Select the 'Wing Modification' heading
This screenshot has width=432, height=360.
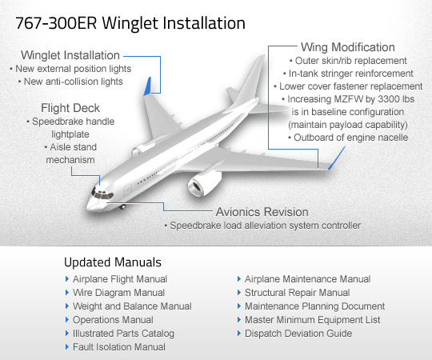click(347, 47)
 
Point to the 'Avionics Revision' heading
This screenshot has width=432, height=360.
click(262, 213)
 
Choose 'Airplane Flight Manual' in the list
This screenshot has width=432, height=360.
click(120, 279)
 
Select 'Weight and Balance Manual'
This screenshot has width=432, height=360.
click(132, 306)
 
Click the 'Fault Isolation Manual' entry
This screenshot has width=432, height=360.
click(119, 347)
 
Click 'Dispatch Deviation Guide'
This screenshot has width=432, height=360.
click(298, 334)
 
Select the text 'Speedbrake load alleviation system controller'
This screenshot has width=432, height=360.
click(265, 226)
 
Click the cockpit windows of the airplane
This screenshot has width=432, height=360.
click(101, 194)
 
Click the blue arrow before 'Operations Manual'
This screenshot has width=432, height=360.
click(66, 320)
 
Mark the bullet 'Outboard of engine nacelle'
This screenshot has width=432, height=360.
click(350, 138)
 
